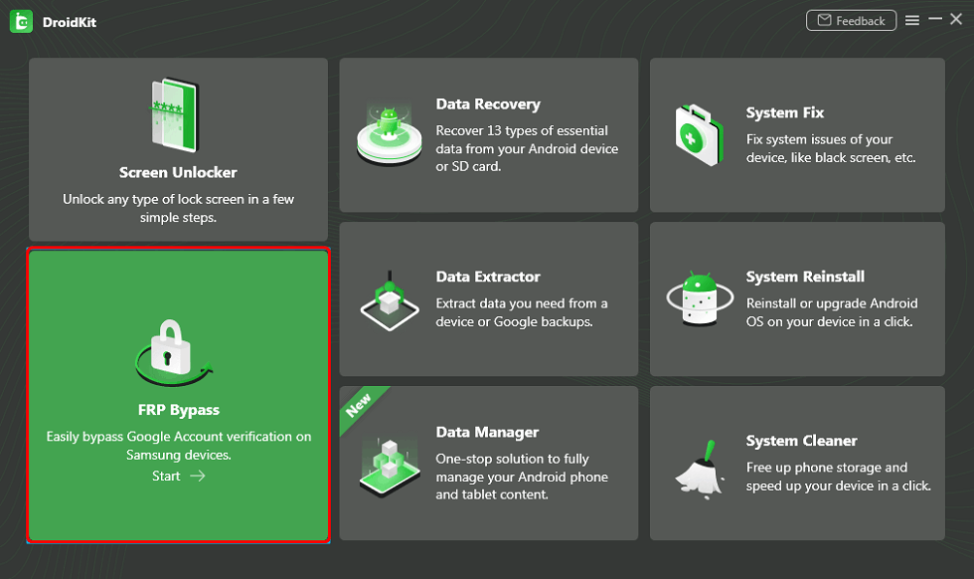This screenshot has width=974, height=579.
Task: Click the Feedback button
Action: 851,21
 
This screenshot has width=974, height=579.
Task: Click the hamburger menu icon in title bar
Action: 912,21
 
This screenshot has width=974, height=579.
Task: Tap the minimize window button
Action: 934,19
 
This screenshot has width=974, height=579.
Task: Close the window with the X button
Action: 957,20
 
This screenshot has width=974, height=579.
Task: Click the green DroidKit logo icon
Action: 21,22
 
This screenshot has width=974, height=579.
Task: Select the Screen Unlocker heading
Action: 178,172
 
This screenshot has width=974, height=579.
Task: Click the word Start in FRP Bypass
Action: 167,476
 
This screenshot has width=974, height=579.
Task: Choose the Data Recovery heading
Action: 488,104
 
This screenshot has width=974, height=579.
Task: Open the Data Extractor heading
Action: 488,277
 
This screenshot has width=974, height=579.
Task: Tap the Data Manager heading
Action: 487,433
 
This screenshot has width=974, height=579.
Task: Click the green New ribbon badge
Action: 358,403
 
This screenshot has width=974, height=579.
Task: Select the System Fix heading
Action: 785,113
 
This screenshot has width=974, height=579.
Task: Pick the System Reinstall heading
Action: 805,278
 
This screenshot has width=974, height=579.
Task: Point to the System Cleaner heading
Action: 801,441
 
